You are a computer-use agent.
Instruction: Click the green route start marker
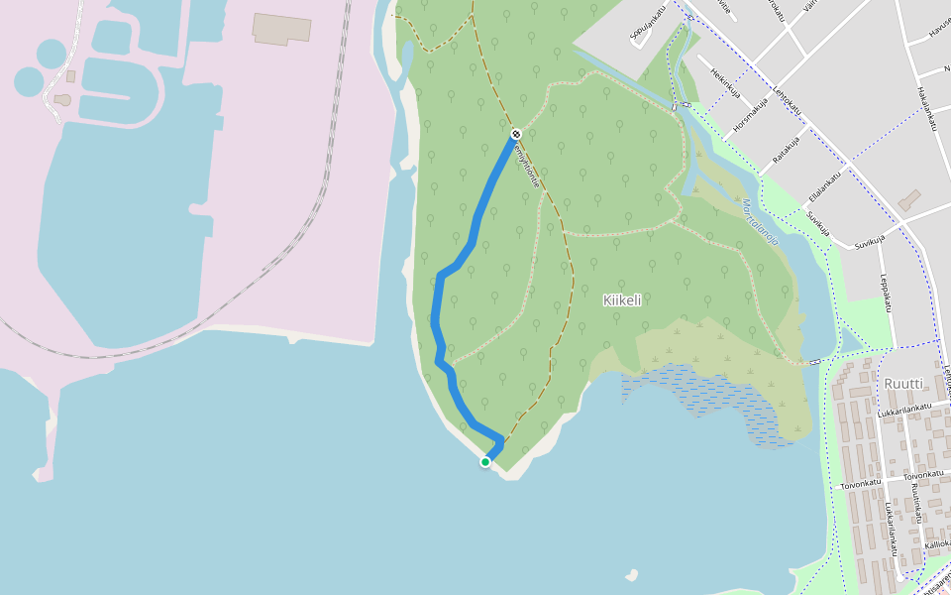[x=485, y=462]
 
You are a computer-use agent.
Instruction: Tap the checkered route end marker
[x=516, y=134]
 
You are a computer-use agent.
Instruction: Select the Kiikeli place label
[x=622, y=299]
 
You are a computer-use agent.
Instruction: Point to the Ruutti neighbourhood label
[x=902, y=384]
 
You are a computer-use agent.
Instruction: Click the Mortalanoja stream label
[x=760, y=222]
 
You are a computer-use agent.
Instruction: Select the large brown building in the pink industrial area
[x=281, y=28]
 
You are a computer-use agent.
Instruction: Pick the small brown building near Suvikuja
[x=909, y=200]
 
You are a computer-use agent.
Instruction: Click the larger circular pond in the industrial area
[x=52, y=52]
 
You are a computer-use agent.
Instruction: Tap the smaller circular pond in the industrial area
[x=28, y=81]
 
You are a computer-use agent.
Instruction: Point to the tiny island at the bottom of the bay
[x=631, y=574]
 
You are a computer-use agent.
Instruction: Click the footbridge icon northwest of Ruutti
[x=814, y=362]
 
